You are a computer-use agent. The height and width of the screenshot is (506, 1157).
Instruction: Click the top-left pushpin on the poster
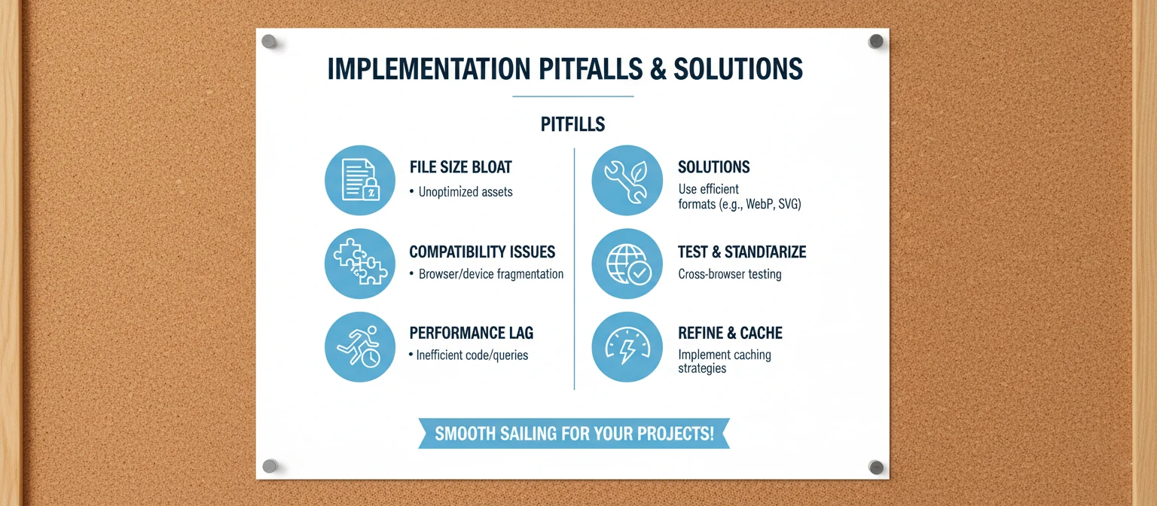click(269, 41)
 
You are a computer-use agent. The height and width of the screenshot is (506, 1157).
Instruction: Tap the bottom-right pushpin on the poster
click(875, 466)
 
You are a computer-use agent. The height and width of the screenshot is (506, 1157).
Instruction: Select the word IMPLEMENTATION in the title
click(429, 69)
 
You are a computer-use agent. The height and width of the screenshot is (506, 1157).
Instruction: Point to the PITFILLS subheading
click(572, 124)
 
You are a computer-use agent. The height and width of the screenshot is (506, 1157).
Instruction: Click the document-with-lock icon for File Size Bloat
click(359, 181)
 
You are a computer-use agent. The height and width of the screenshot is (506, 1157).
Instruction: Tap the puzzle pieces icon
click(359, 264)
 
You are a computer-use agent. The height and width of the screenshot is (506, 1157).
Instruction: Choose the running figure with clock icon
click(359, 347)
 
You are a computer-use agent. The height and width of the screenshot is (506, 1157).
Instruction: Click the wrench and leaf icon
click(627, 181)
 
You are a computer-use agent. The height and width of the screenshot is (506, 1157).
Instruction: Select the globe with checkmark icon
click(627, 264)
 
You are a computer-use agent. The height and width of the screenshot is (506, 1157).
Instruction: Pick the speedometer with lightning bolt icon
click(627, 347)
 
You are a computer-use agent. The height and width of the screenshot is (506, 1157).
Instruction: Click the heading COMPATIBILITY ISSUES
click(482, 251)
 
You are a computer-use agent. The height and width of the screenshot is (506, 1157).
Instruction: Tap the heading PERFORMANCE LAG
click(471, 333)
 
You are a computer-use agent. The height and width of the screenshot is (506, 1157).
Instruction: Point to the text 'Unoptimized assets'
click(465, 192)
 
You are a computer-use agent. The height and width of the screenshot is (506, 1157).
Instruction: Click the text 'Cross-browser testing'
click(729, 274)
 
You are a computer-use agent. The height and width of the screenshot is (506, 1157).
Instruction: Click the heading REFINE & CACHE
click(730, 333)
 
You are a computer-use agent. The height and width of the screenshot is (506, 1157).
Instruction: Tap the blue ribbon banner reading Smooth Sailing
click(574, 434)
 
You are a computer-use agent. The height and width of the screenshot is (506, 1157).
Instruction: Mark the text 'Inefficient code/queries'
click(472, 355)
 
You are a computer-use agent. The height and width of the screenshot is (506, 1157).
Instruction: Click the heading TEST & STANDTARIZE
click(742, 251)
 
